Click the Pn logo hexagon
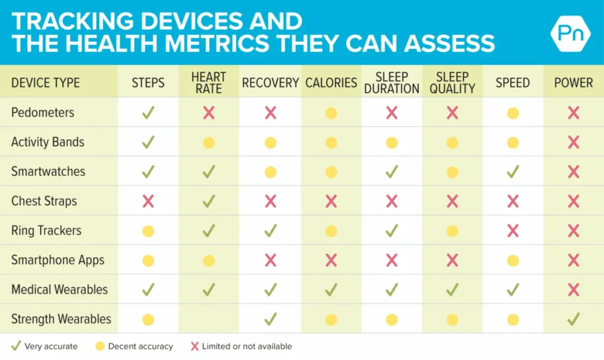click(570, 32)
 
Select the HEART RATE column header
click(209, 83)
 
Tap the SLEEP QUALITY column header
click(452, 83)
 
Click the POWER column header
click(573, 83)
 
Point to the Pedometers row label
click(42, 112)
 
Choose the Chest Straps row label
click(44, 201)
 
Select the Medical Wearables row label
click(60, 289)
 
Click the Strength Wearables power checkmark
click(573, 319)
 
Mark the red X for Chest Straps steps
click(148, 201)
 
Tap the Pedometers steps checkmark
click(148, 113)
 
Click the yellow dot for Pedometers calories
click(331, 113)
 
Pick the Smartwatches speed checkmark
click(513, 172)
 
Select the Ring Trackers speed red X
click(513, 231)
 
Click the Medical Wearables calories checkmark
click(331, 290)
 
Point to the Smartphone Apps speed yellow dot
click(513, 260)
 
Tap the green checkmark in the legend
click(16, 346)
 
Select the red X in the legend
click(195, 346)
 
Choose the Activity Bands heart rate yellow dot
click(209, 142)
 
